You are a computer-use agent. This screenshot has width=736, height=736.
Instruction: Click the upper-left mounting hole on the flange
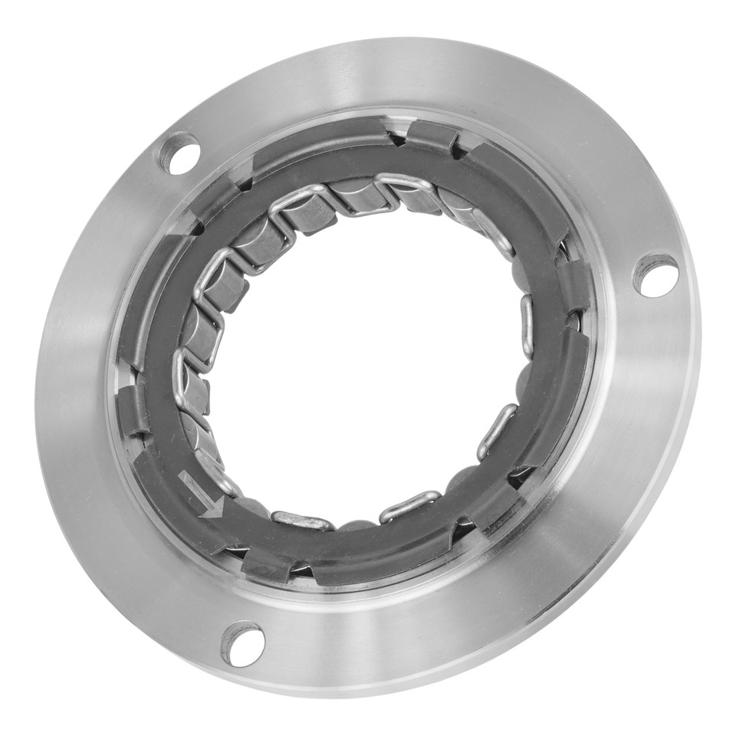point(179,153)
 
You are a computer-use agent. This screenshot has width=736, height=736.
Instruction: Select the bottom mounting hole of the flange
point(243,643)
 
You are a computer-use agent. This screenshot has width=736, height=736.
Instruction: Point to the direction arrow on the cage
point(202,495)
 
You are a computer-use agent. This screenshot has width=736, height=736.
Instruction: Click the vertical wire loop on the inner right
point(527,326)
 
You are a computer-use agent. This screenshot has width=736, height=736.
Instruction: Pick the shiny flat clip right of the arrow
point(303,521)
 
